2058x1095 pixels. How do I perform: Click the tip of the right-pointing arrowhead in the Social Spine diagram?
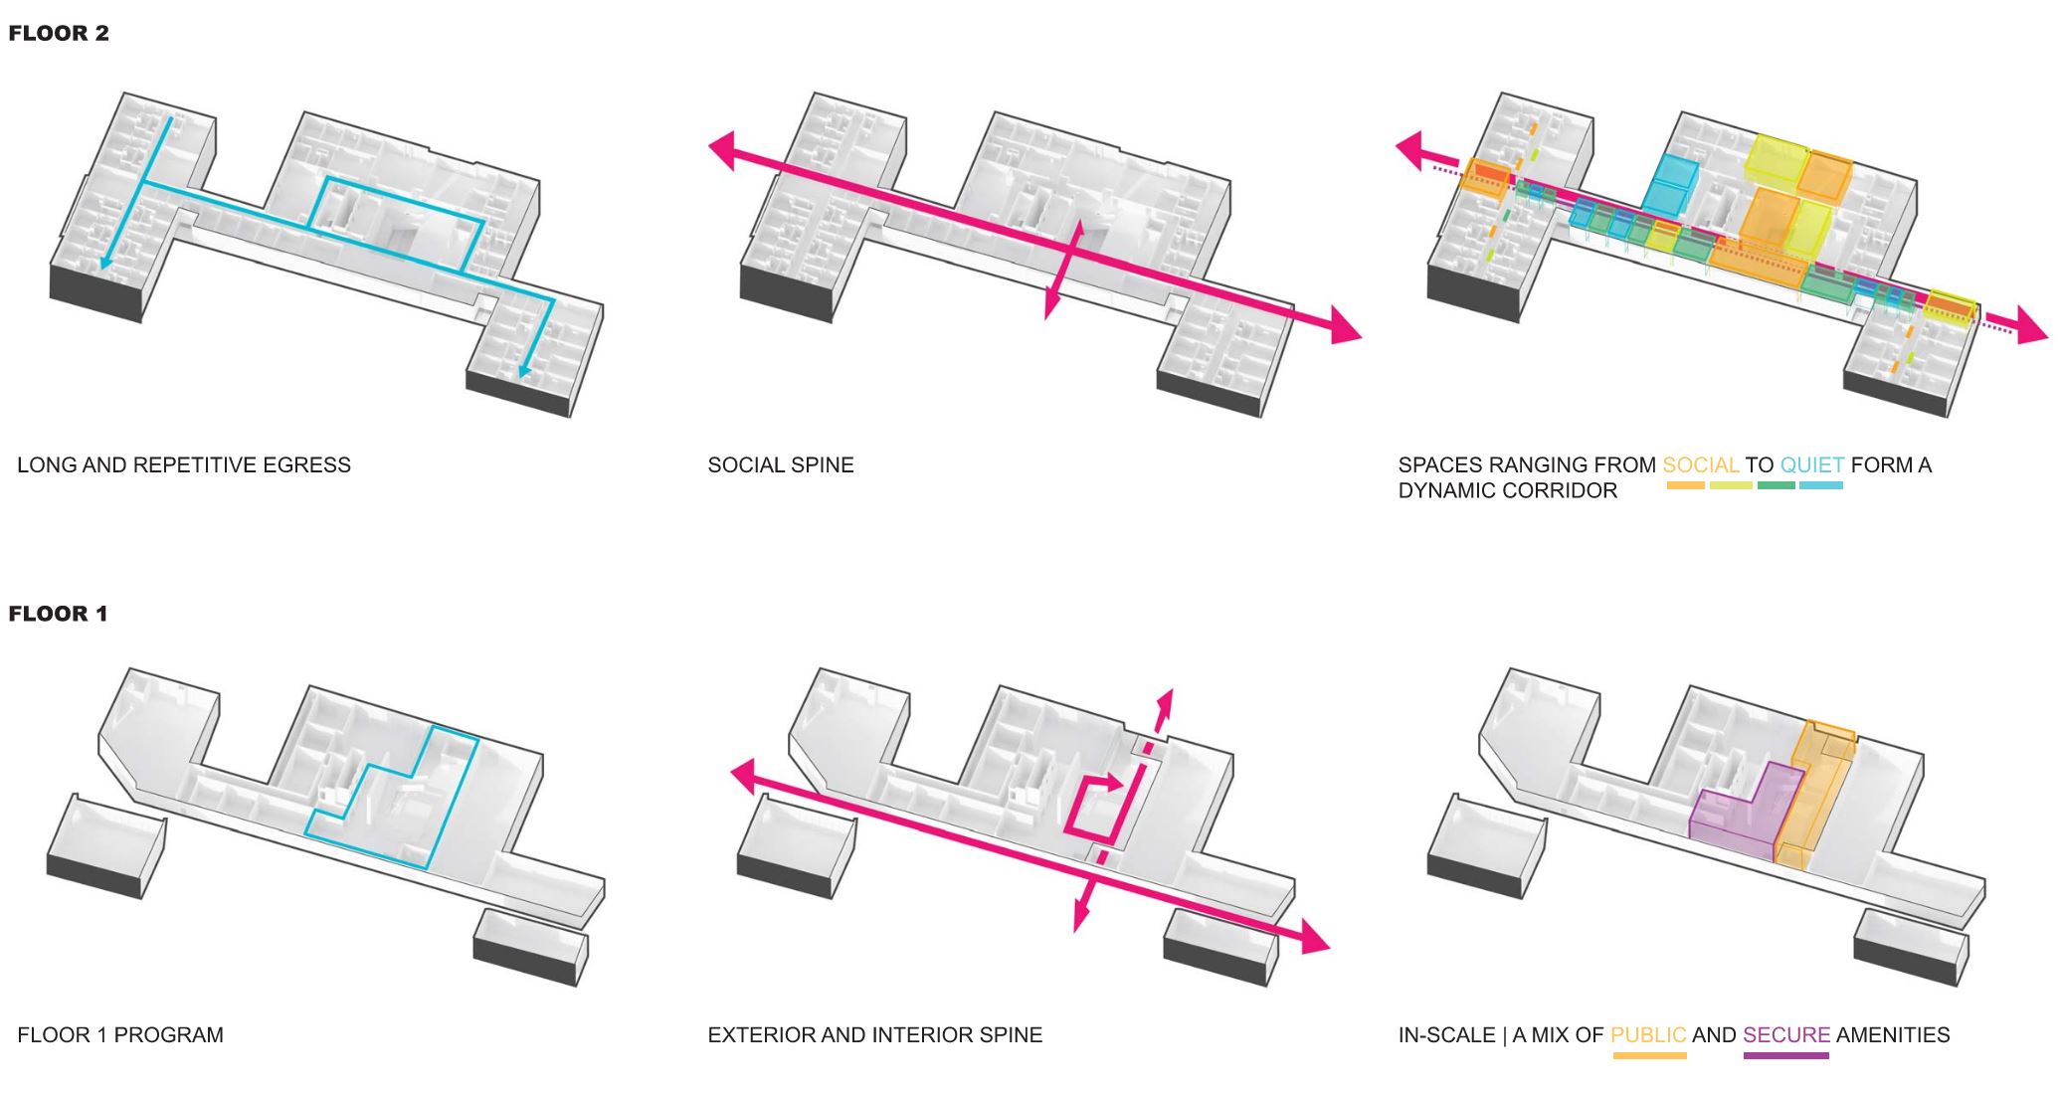point(1361,337)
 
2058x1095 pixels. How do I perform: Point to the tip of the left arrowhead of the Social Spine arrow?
point(708,146)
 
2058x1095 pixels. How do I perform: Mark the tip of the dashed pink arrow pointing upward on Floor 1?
point(1170,688)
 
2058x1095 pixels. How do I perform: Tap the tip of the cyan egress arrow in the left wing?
point(102,269)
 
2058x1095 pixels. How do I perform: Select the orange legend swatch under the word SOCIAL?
point(1686,485)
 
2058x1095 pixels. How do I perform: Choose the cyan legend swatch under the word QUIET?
point(1821,485)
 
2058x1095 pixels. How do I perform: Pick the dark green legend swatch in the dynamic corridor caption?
point(1776,485)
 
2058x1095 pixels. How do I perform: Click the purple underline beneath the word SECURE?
point(1785,1055)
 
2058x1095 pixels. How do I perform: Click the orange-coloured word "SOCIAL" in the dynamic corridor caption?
point(1701,464)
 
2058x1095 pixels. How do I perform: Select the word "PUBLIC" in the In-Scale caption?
point(1648,1034)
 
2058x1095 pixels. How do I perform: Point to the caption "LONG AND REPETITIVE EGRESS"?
point(184,464)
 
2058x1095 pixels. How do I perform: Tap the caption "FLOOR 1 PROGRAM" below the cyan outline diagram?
point(120,1034)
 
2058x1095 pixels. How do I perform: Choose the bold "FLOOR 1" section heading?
point(58,614)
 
